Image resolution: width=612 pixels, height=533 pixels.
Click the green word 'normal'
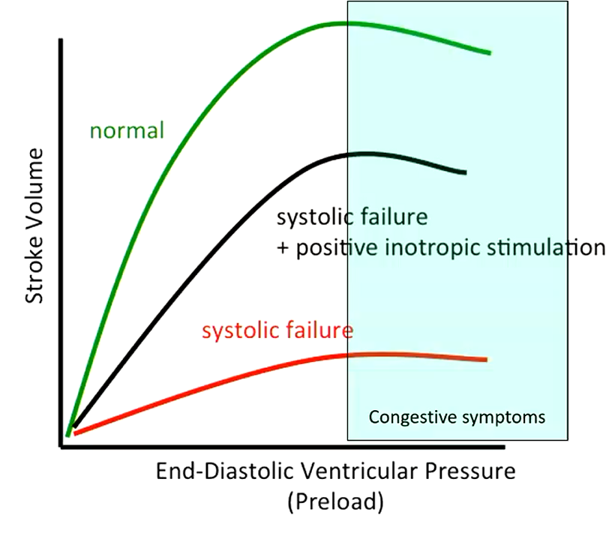coord(126,131)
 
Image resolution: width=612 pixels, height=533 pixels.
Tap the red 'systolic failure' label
coord(277,330)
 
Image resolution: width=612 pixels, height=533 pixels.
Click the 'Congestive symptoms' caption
coord(457,417)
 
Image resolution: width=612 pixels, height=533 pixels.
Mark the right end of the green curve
coord(489,53)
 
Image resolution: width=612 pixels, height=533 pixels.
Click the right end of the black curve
coord(465,172)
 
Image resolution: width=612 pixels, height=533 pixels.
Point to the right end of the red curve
coord(486,360)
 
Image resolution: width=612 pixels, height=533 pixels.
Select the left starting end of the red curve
coord(76,432)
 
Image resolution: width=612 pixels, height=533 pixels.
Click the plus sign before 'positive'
coord(283,248)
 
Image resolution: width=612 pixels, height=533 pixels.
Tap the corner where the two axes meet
coord(61,448)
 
